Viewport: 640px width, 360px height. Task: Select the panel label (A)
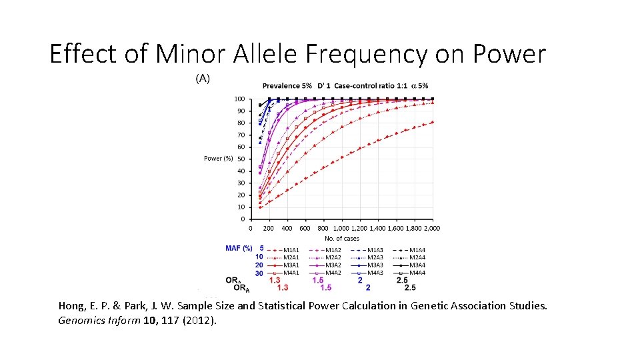tap(203, 78)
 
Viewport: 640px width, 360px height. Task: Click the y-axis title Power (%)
tap(218, 159)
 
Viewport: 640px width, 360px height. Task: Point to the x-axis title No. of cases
tap(341, 238)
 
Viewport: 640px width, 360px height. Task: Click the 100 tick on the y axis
tap(239, 99)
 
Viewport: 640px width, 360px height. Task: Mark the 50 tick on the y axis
tap(241, 159)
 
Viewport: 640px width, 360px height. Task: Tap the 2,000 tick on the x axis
tap(431, 229)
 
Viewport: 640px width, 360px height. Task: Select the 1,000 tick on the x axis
tap(341, 229)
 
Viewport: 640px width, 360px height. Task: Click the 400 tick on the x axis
tap(287, 229)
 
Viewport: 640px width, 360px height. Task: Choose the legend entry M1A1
tap(291, 249)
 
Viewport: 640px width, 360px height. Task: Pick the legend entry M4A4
tap(417, 273)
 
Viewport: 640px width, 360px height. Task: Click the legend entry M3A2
tap(333, 265)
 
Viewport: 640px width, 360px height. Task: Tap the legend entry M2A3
tap(375, 257)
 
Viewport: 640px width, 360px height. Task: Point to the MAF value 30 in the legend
tap(259, 273)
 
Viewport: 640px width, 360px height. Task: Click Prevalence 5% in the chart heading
tap(287, 86)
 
